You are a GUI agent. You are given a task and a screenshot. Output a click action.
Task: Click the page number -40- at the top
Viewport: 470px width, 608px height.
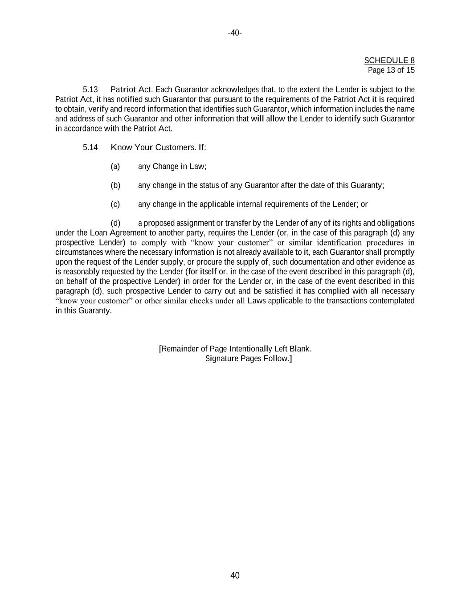tap(235, 33)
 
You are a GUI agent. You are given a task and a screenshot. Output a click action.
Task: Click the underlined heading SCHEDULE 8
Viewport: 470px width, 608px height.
tap(389, 61)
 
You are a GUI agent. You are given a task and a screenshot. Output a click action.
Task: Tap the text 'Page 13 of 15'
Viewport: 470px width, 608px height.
tap(391, 70)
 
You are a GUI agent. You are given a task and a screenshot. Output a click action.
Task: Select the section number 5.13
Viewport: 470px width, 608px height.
tap(90, 90)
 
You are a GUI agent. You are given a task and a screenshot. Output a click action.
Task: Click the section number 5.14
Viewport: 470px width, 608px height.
tap(90, 147)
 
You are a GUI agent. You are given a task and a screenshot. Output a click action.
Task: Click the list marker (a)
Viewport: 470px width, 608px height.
tap(115, 167)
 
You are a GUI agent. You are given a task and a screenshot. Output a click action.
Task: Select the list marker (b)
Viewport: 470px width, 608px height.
tap(115, 185)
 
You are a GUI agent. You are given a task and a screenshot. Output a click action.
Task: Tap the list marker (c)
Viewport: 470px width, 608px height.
tap(115, 204)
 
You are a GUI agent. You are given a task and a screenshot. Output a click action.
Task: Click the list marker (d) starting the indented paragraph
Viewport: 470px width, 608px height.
tap(115, 223)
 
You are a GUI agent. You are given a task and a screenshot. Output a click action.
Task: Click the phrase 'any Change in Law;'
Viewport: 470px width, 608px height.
tap(172, 167)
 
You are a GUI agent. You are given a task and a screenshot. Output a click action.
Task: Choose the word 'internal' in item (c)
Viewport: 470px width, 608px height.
tap(249, 204)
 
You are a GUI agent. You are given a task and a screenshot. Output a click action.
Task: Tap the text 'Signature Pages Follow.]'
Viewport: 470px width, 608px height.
tap(248, 359)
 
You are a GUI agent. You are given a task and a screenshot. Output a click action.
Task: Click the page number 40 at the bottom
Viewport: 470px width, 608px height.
tap(235, 575)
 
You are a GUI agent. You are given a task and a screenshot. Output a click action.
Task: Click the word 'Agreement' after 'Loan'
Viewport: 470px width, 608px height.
tap(128, 233)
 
